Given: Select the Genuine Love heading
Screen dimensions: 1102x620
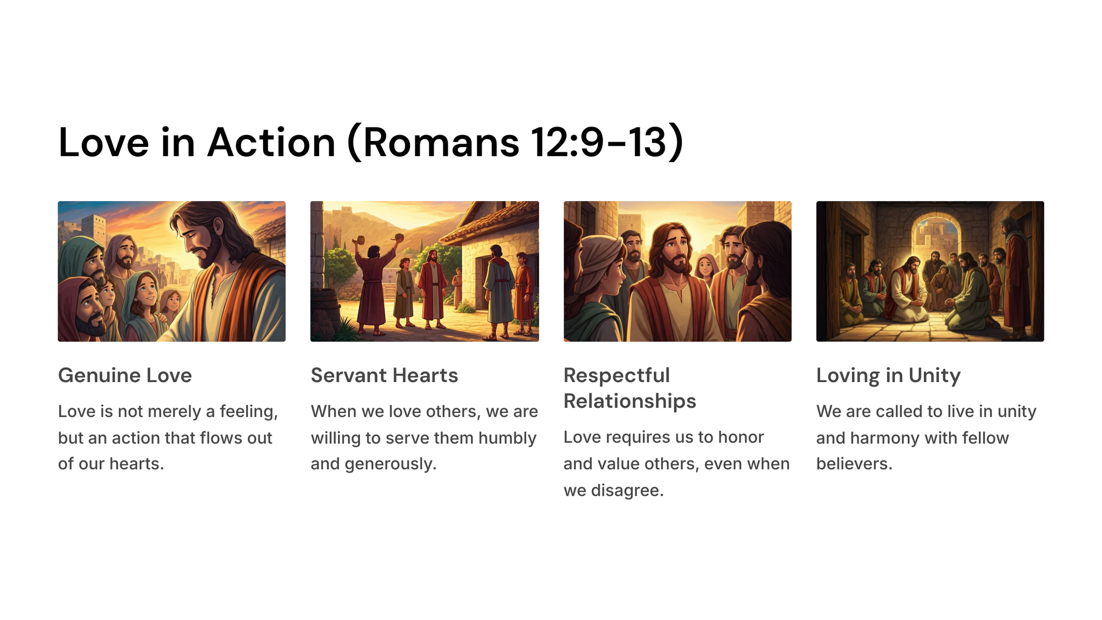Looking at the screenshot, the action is [x=125, y=375].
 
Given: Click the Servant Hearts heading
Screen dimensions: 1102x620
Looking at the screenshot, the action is [x=384, y=375].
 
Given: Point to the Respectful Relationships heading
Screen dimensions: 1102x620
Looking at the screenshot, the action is [x=630, y=388].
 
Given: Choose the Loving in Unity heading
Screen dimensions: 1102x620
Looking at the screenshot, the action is [x=888, y=376].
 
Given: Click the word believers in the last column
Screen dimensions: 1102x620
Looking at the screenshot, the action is [x=854, y=463].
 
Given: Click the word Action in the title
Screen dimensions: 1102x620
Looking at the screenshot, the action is [x=272, y=143].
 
